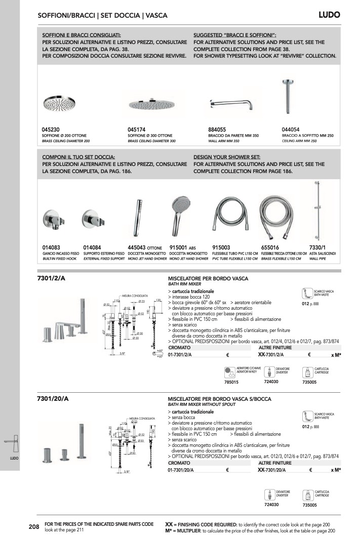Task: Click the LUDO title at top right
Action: pyautogui.click(x=329, y=15)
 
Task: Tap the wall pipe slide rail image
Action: pyautogui.click(x=318, y=210)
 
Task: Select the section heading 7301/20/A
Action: pyautogui.click(x=53, y=399)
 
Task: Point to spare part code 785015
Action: pyautogui.click(x=231, y=382)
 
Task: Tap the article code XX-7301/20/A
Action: pyautogui.click(x=272, y=470)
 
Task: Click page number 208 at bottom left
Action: pyautogui.click(x=34, y=527)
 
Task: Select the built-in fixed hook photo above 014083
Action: pyautogui.click(x=52, y=219)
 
